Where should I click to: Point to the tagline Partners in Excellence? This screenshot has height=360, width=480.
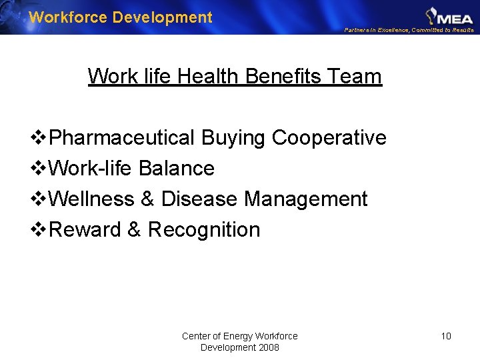click(x=377, y=30)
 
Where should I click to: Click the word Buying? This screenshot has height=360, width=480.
click(x=234, y=138)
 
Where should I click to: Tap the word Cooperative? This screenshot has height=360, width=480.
click(x=329, y=138)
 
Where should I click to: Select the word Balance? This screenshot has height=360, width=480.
click(x=177, y=169)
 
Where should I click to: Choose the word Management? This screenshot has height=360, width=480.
click(x=306, y=199)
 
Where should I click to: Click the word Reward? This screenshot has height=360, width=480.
click(x=85, y=230)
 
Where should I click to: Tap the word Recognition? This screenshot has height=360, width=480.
click(x=204, y=230)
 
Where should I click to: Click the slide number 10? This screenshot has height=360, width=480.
click(x=446, y=336)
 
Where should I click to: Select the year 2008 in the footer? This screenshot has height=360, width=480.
click(x=267, y=347)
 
